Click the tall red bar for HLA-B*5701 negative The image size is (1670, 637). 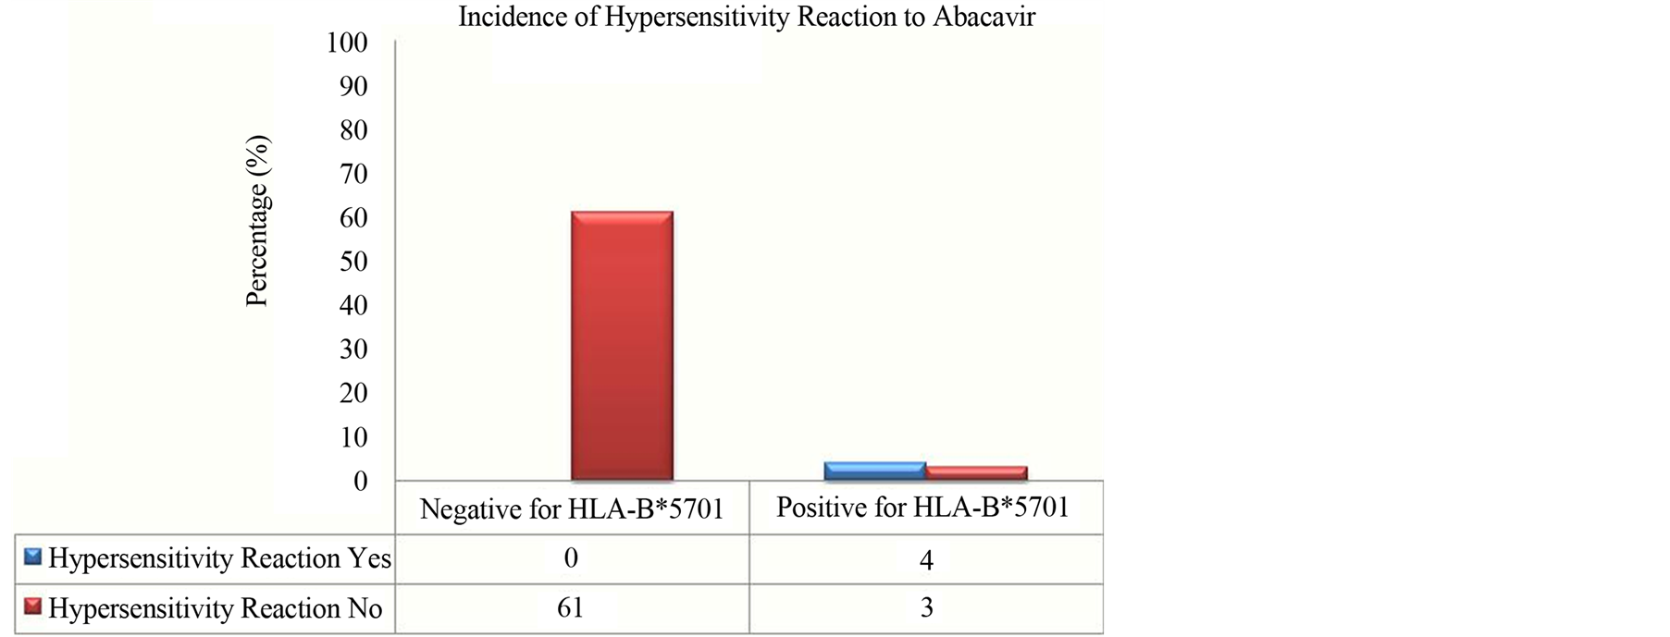click(x=622, y=346)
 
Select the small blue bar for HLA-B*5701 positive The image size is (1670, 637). click(x=874, y=471)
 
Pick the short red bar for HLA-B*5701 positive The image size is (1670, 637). click(x=976, y=472)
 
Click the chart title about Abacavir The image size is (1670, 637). click(x=747, y=18)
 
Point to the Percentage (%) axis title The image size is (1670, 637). click(x=257, y=221)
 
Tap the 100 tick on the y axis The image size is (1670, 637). click(x=347, y=43)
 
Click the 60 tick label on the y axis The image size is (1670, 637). click(x=353, y=218)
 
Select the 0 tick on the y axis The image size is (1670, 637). click(x=361, y=481)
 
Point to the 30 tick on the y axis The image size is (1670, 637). click(x=353, y=349)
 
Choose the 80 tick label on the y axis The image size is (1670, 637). click(x=353, y=130)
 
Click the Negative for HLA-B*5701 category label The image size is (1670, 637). click(x=572, y=509)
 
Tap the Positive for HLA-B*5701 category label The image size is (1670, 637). click(x=922, y=508)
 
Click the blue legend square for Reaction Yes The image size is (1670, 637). click(x=33, y=557)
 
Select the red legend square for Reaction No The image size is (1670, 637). click(x=33, y=606)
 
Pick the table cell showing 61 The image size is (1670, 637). click(x=571, y=607)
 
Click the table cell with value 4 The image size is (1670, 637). click(x=926, y=559)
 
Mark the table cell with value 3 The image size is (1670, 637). click(x=926, y=607)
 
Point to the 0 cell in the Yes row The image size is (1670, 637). click(x=571, y=557)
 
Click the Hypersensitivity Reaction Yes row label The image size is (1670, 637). click(x=220, y=558)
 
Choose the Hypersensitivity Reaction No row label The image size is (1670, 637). click(x=216, y=608)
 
